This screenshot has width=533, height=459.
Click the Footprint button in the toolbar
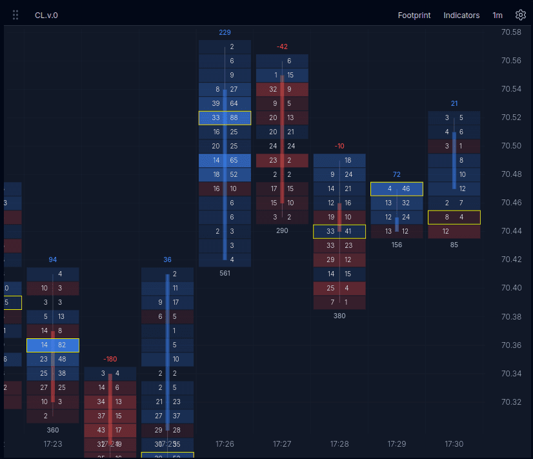(x=414, y=15)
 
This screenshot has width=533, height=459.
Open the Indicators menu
(x=461, y=15)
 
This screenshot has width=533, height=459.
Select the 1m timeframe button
(x=498, y=15)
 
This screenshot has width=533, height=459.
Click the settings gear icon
(x=520, y=15)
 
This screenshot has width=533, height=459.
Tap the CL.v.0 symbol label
(x=46, y=15)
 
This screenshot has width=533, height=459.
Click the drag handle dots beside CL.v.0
(x=15, y=15)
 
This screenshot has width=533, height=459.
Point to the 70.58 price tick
(x=511, y=32)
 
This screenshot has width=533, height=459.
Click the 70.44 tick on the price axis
(x=511, y=231)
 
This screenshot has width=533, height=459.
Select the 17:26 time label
(x=225, y=444)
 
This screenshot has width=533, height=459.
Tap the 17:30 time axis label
(x=454, y=444)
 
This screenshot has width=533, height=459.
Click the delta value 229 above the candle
(x=225, y=32)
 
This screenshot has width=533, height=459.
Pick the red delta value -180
(x=110, y=359)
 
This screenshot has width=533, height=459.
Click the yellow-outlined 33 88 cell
(x=225, y=117)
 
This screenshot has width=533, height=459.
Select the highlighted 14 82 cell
(x=53, y=345)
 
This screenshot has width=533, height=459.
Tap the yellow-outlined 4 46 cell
(x=397, y=189)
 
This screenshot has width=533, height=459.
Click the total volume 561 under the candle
(x=225, y=273)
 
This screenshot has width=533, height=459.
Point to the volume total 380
(x=339, y=316)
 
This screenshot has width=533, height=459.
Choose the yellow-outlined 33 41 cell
(x=339, y=231)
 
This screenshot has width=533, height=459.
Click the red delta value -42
(x=282, y=46)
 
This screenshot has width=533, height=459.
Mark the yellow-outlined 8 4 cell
(x=454, y=217)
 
